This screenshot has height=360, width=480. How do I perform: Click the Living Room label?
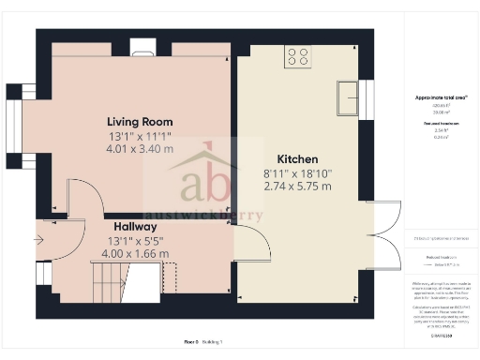click(141, 121)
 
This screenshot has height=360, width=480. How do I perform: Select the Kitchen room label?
click(298, 159)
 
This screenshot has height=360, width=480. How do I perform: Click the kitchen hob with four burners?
click(298, 56)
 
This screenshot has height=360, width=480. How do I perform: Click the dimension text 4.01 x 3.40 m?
click(141, 148)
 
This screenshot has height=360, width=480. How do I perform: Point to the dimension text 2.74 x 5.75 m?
click(298, 186)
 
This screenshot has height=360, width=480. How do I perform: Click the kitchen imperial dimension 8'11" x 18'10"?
click(298, 172)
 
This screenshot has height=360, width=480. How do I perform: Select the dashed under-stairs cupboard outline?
click(171, 277)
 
